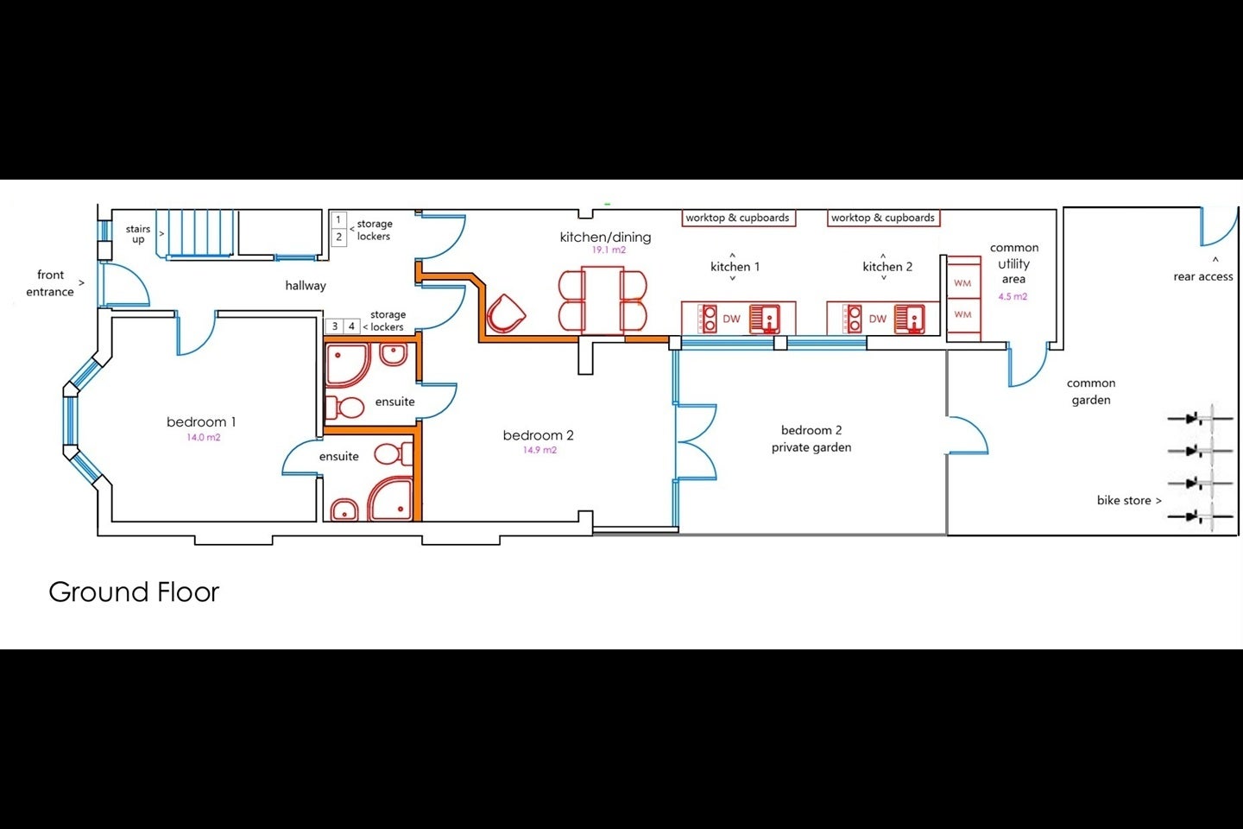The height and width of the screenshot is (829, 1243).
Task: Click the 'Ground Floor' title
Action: (x=134, y=592)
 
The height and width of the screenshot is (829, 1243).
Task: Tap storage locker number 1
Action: (x=338, y=219)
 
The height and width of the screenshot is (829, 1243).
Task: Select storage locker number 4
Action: (x=351, y=326)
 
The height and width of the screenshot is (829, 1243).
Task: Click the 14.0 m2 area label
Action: (x=204, y=438)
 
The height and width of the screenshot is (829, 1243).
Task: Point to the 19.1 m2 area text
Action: (x=609, y=250)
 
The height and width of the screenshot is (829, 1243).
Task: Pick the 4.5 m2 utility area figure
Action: (x=1013, y=296)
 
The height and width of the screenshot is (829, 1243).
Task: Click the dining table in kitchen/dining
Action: (x=603, y=301)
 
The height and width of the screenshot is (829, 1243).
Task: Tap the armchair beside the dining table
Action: (x=506, y=313)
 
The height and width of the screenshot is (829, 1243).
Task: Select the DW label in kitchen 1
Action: (x=731, y=320)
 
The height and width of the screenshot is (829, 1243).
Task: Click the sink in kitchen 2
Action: (x=910, y=320)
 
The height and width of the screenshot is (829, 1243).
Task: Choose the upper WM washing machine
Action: (x=963, y=283)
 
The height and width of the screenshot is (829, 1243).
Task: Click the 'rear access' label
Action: (x=1202, y=276)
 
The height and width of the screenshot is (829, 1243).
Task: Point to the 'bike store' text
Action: (x=1124, y=500)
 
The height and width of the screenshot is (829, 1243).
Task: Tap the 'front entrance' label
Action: (x=50, y=283)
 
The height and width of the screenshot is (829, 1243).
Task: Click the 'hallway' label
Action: (x=306, y=286)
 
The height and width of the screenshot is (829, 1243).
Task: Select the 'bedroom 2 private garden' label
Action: (x=811, y=439)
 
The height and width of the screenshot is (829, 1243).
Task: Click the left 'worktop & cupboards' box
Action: (x=739, y=218)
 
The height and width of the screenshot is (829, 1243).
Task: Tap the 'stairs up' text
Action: (x=138, y=234)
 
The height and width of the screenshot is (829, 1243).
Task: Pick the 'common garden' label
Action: (x=1091, y=391)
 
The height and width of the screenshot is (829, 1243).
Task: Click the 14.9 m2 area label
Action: (x=539, y=450)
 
